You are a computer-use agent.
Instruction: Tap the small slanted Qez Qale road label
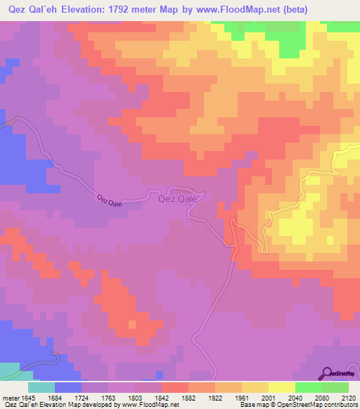click(110, 201)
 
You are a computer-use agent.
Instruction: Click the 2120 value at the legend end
click(347, 397)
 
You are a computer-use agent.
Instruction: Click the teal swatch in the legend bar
click(41, 387)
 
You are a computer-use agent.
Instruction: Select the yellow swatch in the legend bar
click(281, 387)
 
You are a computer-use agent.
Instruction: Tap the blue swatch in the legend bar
click(68, 387)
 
